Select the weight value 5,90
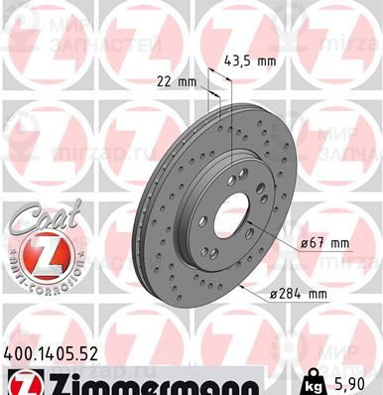357,381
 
